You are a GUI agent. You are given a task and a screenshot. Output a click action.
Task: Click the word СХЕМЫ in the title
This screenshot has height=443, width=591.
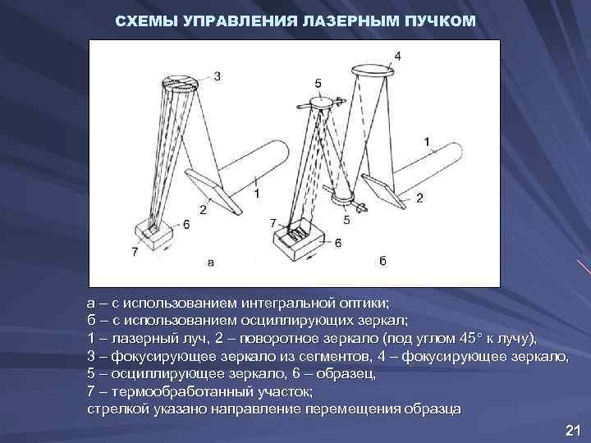[x=142, y=19]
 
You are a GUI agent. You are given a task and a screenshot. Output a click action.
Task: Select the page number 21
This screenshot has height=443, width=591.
[x=573, y=431]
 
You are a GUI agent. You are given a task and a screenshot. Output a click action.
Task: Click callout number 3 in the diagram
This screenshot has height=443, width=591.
[x=217, y=76]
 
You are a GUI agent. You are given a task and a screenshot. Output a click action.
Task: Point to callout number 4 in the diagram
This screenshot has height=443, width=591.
[x=397, y=56]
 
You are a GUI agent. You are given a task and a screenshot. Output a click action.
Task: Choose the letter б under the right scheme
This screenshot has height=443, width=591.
[x=383, y=262]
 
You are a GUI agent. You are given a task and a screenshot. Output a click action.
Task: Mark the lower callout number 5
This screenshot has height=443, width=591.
[x=346, y=219]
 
